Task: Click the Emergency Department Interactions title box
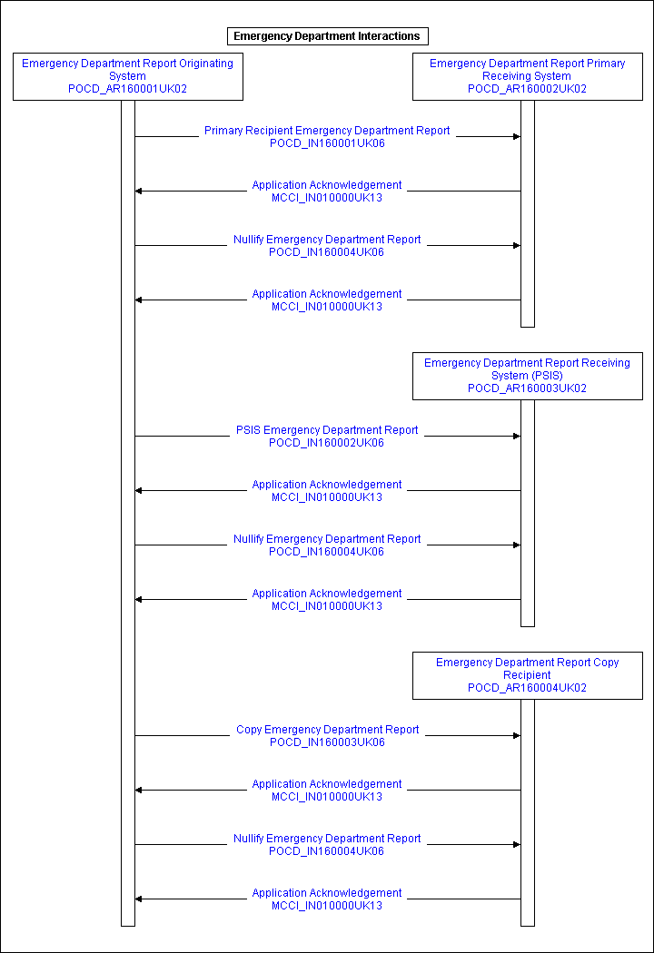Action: click(x=327, y=36)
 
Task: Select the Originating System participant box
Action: click(x=128, y=76)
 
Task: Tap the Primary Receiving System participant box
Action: click(x=528, y=76)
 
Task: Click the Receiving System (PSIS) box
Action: click(x=528, y=377)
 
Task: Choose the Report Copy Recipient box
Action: click(x=528, y=676)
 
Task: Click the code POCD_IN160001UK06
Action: click(x=327, y=143)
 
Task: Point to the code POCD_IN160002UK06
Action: click(x=327, y=443)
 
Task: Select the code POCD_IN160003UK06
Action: click(x=327, y=742)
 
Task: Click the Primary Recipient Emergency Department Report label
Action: click(x=327, y=131)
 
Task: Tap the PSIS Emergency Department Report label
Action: click(x=327, y=430)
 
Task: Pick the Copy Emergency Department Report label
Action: click(x=327, y=730)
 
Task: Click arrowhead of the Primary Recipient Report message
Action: click(x=517, y=137)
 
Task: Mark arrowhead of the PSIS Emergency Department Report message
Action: click(x=517, y=437)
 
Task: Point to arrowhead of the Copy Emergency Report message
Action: click(x=517, y=736)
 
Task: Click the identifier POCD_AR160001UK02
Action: click(x=128, y=89)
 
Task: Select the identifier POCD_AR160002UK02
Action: click(x=528, y=89)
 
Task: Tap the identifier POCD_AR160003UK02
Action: click(x=528, y=388)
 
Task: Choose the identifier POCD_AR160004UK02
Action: click(x=528, y=688)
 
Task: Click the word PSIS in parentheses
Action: click(x=548, y=376)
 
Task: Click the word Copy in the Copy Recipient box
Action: click(x=606, y=663)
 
